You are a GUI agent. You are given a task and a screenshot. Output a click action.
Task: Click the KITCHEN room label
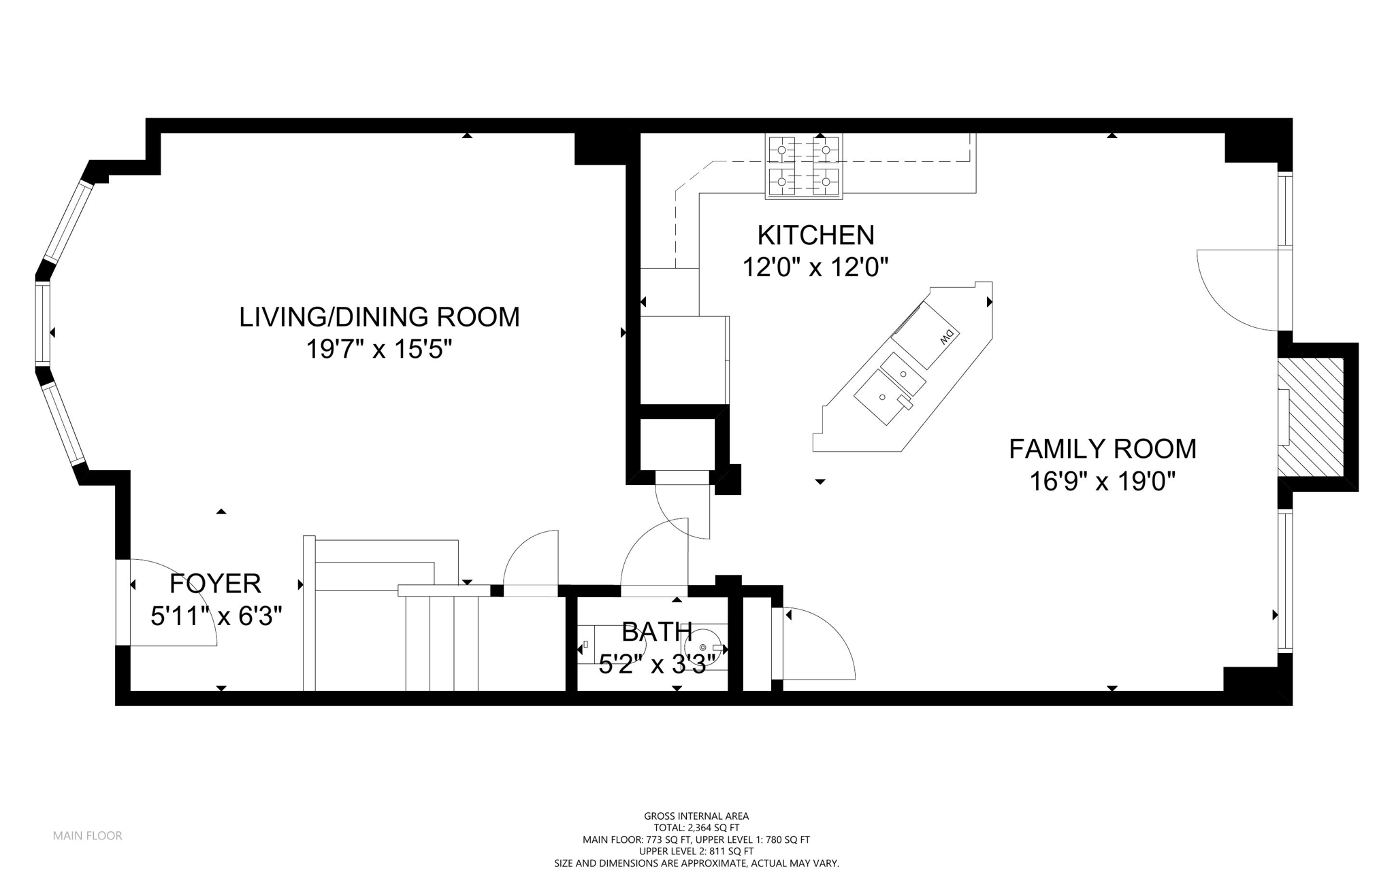pyautogui.click(x=815, y=235)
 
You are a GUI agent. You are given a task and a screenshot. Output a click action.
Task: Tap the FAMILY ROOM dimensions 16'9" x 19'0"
pyautogui.click(x=1102, y=482)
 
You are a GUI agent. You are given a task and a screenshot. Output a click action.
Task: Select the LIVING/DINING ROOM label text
pyautogui.click(x=379, y=317)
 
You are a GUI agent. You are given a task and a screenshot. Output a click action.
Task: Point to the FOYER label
pyautogui.click(x=215, y=584)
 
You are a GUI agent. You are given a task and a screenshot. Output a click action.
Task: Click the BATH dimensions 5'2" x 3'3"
pyautogui.click(x=658, y=663)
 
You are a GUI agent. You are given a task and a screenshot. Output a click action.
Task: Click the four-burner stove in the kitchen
pyautogui.click(x=803, y=166)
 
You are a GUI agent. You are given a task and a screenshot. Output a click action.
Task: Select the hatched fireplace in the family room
pyautogui.click(x=1310, y=417)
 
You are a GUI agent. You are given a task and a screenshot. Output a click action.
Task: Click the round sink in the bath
pyautogui.click(x=705, y=647)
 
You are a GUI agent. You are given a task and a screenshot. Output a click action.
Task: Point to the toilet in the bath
pyautogui.click(x=587, y=643)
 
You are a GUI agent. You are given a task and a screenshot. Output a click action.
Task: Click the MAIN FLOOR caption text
pyautogui.click(x=88, y=835)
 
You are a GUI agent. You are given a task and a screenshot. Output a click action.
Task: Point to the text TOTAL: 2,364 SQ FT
pyautogui.click(x=696, y=828)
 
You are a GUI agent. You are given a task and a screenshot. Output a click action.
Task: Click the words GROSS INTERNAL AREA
pyautogui.click(x=696, y=816)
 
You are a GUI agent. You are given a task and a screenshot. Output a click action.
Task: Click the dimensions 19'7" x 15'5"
pyautogui.click(x=379, y=350)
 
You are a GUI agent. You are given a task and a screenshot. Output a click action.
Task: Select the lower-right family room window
pyautogui.click(x=1284, y=582)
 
